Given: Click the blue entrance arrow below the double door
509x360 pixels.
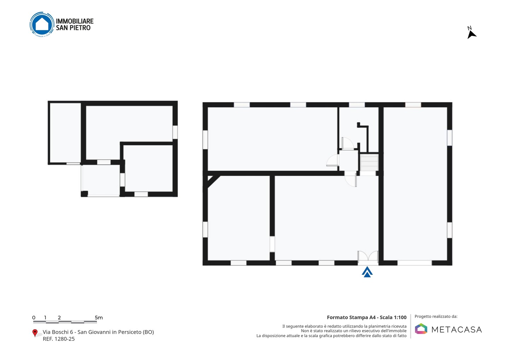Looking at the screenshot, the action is (367, 272).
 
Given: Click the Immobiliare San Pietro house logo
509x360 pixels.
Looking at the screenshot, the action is (42, 24).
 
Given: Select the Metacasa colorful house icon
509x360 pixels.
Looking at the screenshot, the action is (421, 329).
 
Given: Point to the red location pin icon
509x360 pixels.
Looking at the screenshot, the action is (35, 333).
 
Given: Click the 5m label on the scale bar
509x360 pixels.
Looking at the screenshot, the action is (99, 318).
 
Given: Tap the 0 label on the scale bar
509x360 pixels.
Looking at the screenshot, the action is (34, 318).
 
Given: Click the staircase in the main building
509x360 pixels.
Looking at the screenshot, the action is (369, 162).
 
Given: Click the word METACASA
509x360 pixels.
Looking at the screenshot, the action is (457, 330).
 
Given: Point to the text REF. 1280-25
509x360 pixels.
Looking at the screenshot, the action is (59, 339).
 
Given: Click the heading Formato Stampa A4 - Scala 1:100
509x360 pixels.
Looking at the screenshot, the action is (367, 317).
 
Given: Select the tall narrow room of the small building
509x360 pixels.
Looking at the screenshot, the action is (65, 133).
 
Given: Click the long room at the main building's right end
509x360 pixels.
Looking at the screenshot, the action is (415, 184).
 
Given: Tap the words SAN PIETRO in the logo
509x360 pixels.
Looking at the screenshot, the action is (73, 28).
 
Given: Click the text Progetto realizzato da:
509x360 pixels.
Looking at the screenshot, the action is (436, 317).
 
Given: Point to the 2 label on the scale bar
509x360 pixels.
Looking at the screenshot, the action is (59, 318).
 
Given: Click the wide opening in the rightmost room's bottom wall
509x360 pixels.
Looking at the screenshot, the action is (415, 263).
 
